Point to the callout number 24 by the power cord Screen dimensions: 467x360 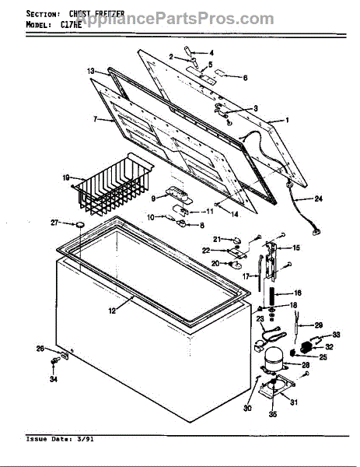point(317,199)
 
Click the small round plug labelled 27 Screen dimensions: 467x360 point(79,224)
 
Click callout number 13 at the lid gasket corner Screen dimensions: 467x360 point(90,71)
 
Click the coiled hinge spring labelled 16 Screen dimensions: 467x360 point(274,297)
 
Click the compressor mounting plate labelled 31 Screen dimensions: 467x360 point(276,389)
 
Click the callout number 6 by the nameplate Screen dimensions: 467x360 point(245,78)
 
